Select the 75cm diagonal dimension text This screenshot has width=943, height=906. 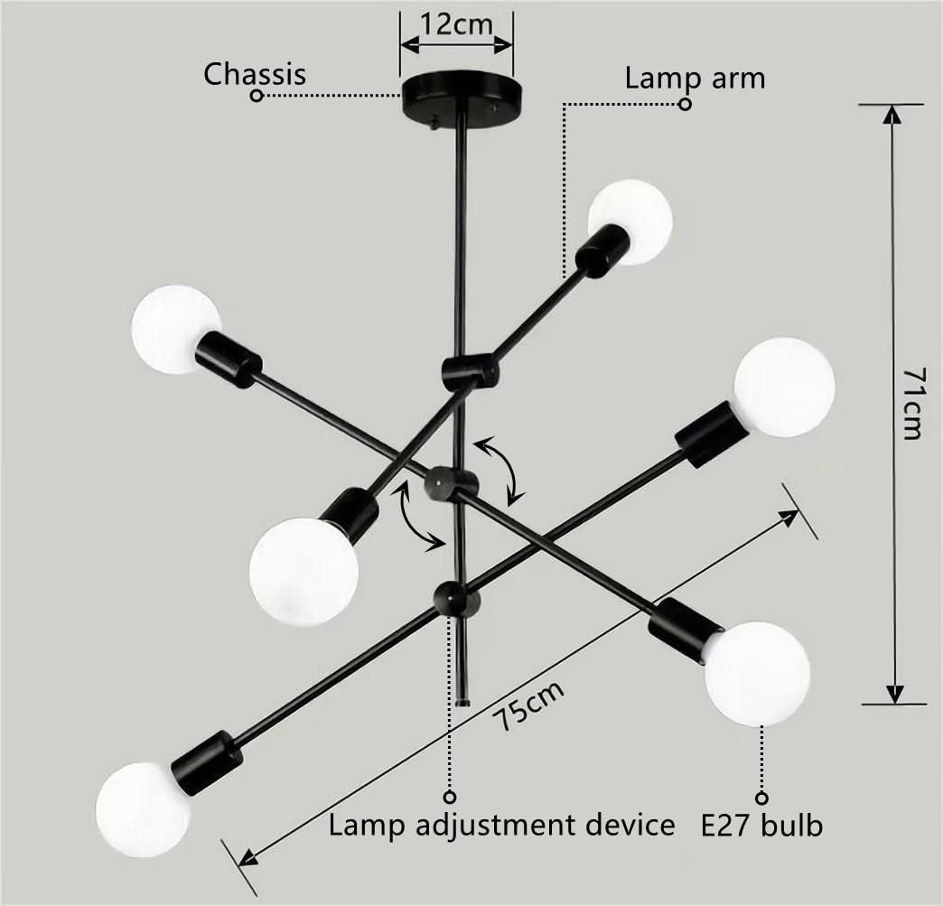pyautogui.click(x=531, y=707)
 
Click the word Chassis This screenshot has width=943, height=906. pyautogui.click(x=255, y=73)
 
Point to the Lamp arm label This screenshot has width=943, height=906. pyautogui.click(x=695, y=78)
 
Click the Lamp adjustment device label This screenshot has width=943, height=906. pyautogui.click(x=501, y=825)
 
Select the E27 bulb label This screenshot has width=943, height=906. pyautogui.click(x=762, y=825)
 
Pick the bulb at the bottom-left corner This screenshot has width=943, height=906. pyautogui.click(x=143, y=808)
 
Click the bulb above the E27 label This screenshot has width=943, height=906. pyautogui.click(x=756, y=673)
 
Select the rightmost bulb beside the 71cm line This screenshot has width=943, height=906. pyautogui.click(x=784, y=387)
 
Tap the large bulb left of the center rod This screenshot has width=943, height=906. pyautogui.click(x=303, y=571)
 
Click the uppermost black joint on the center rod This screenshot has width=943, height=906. pyautogui.click(x=470, y=371)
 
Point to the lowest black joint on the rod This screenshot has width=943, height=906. pyautogui.click(x=455, y=597)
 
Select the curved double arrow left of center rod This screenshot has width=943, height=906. pyautogui.click(x=419, y=518)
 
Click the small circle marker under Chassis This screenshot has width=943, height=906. pyautogui.click(x=257, y=96)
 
